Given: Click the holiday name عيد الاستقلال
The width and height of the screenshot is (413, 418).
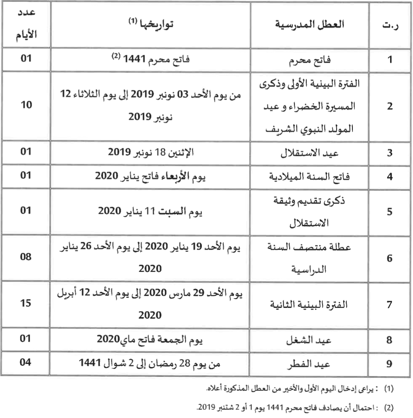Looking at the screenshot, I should click(318, 154).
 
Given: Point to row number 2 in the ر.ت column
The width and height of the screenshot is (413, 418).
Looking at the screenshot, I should click(388, 107).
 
